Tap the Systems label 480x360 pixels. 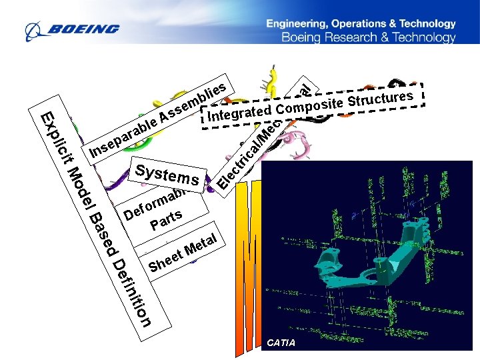click(167, 174)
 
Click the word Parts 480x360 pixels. click(166, 219)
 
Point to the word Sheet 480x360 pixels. click(165, 262)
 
